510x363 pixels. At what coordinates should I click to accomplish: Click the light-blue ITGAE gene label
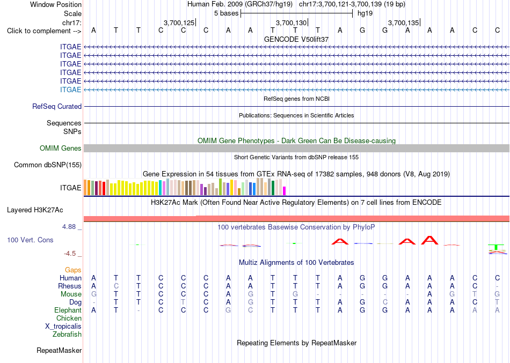pos(70,90)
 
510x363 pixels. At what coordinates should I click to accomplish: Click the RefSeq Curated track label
pos(57,106)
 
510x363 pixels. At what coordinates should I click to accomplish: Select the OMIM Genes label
pos(61,148)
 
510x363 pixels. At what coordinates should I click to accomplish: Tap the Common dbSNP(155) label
pos(48,165)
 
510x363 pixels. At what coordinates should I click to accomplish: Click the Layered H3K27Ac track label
pos(35,210)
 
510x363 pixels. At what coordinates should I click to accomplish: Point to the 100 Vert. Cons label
pos(30,240)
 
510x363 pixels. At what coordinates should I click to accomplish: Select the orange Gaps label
pos(73,270)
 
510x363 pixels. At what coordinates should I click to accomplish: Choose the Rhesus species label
pos(70,286)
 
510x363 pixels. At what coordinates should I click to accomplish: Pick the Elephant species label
pos(68,310)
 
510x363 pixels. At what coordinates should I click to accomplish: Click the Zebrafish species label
pos(67,335)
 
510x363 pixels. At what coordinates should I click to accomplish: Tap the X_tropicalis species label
pos(63,327)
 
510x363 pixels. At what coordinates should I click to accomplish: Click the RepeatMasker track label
pos(59,350)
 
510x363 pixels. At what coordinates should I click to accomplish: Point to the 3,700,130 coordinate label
pos(292,23)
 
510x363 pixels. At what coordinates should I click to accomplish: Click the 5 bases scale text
pos(227,13)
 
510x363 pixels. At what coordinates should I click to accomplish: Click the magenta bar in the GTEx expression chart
pos(285,191)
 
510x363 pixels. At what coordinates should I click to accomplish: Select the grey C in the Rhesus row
pos(116,286)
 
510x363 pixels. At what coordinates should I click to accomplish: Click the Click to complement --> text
pos(44,31)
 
